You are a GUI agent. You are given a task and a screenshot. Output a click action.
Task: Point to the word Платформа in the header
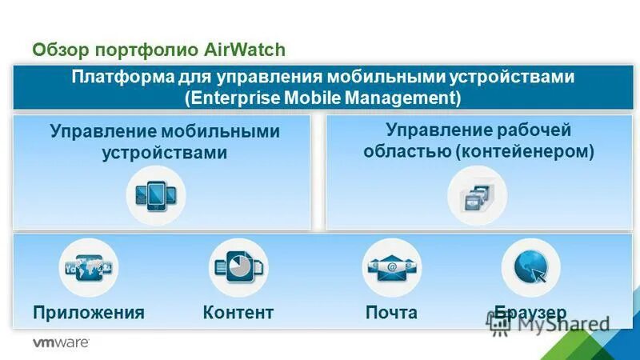[112, 78]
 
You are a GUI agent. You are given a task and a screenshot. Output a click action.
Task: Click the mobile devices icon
[155, 194]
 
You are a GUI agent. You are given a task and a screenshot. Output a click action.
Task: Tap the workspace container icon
[477, 194]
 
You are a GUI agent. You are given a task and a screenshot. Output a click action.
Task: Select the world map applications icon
[89, 267]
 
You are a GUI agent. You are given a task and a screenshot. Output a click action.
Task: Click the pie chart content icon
[238, 267]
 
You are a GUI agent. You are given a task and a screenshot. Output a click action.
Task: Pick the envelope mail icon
[391, 267]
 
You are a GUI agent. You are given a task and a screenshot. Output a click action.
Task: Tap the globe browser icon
[530, 267]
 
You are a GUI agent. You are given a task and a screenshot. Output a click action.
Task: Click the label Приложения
[89, 313]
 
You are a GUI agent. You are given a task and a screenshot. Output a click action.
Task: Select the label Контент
[238, 313]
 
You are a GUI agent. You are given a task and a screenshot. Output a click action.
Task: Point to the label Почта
[391, 313]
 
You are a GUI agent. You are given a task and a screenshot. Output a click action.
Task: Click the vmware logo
[60, 342]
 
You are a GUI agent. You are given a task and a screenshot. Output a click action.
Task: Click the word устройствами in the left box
[165, 152]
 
